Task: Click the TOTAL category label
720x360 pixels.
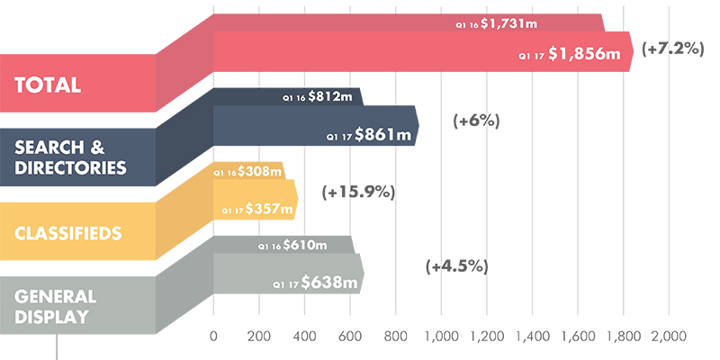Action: (49, 85)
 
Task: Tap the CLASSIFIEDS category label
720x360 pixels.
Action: (68, 234)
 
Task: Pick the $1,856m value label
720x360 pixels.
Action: (584, 54)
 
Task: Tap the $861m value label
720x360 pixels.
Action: (382, 134)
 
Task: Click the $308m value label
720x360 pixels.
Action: (259, 171)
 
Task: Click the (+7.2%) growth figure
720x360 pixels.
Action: (672, 49)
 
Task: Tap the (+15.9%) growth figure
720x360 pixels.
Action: (358, 192)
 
